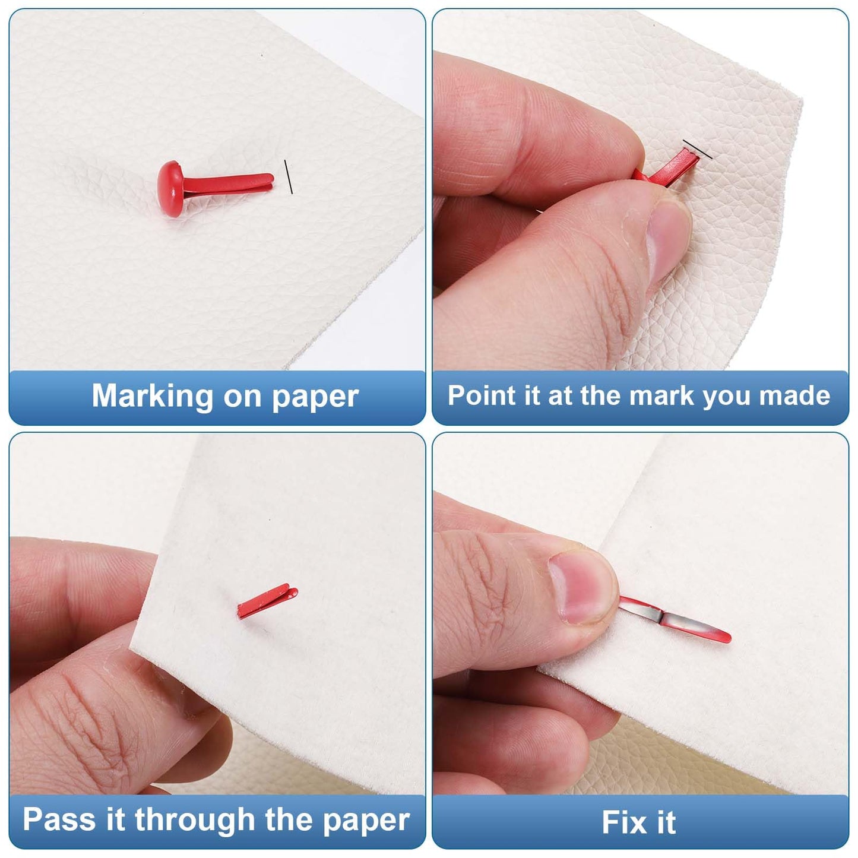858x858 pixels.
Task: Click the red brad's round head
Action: coord(170,189)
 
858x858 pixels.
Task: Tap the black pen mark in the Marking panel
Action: coord(289,177)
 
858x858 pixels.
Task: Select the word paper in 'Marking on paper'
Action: coord(315,398)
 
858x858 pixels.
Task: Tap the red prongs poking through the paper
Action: coord(267,601)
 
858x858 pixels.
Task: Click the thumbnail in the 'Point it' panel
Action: coord(668,243)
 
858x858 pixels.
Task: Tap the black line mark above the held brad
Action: coord(697,148)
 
